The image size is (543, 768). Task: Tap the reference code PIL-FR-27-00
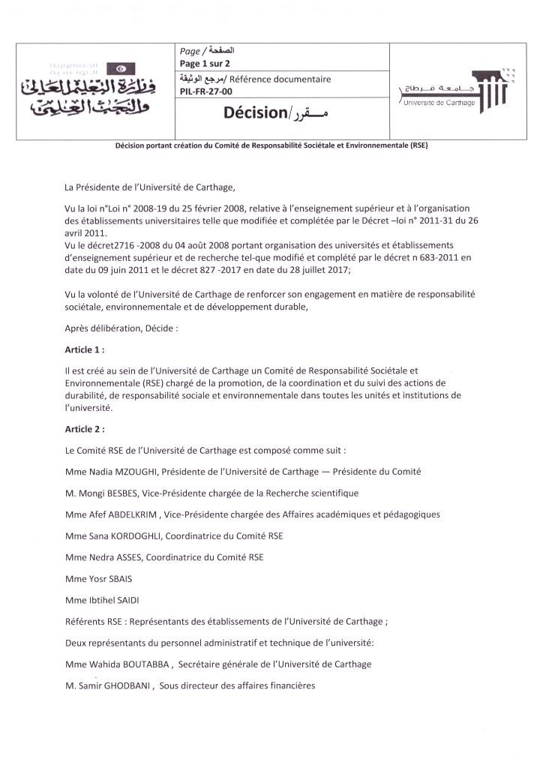coord(202,91)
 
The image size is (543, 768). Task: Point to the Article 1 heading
coord(85,349)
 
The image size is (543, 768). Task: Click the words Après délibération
coord(104,328)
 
